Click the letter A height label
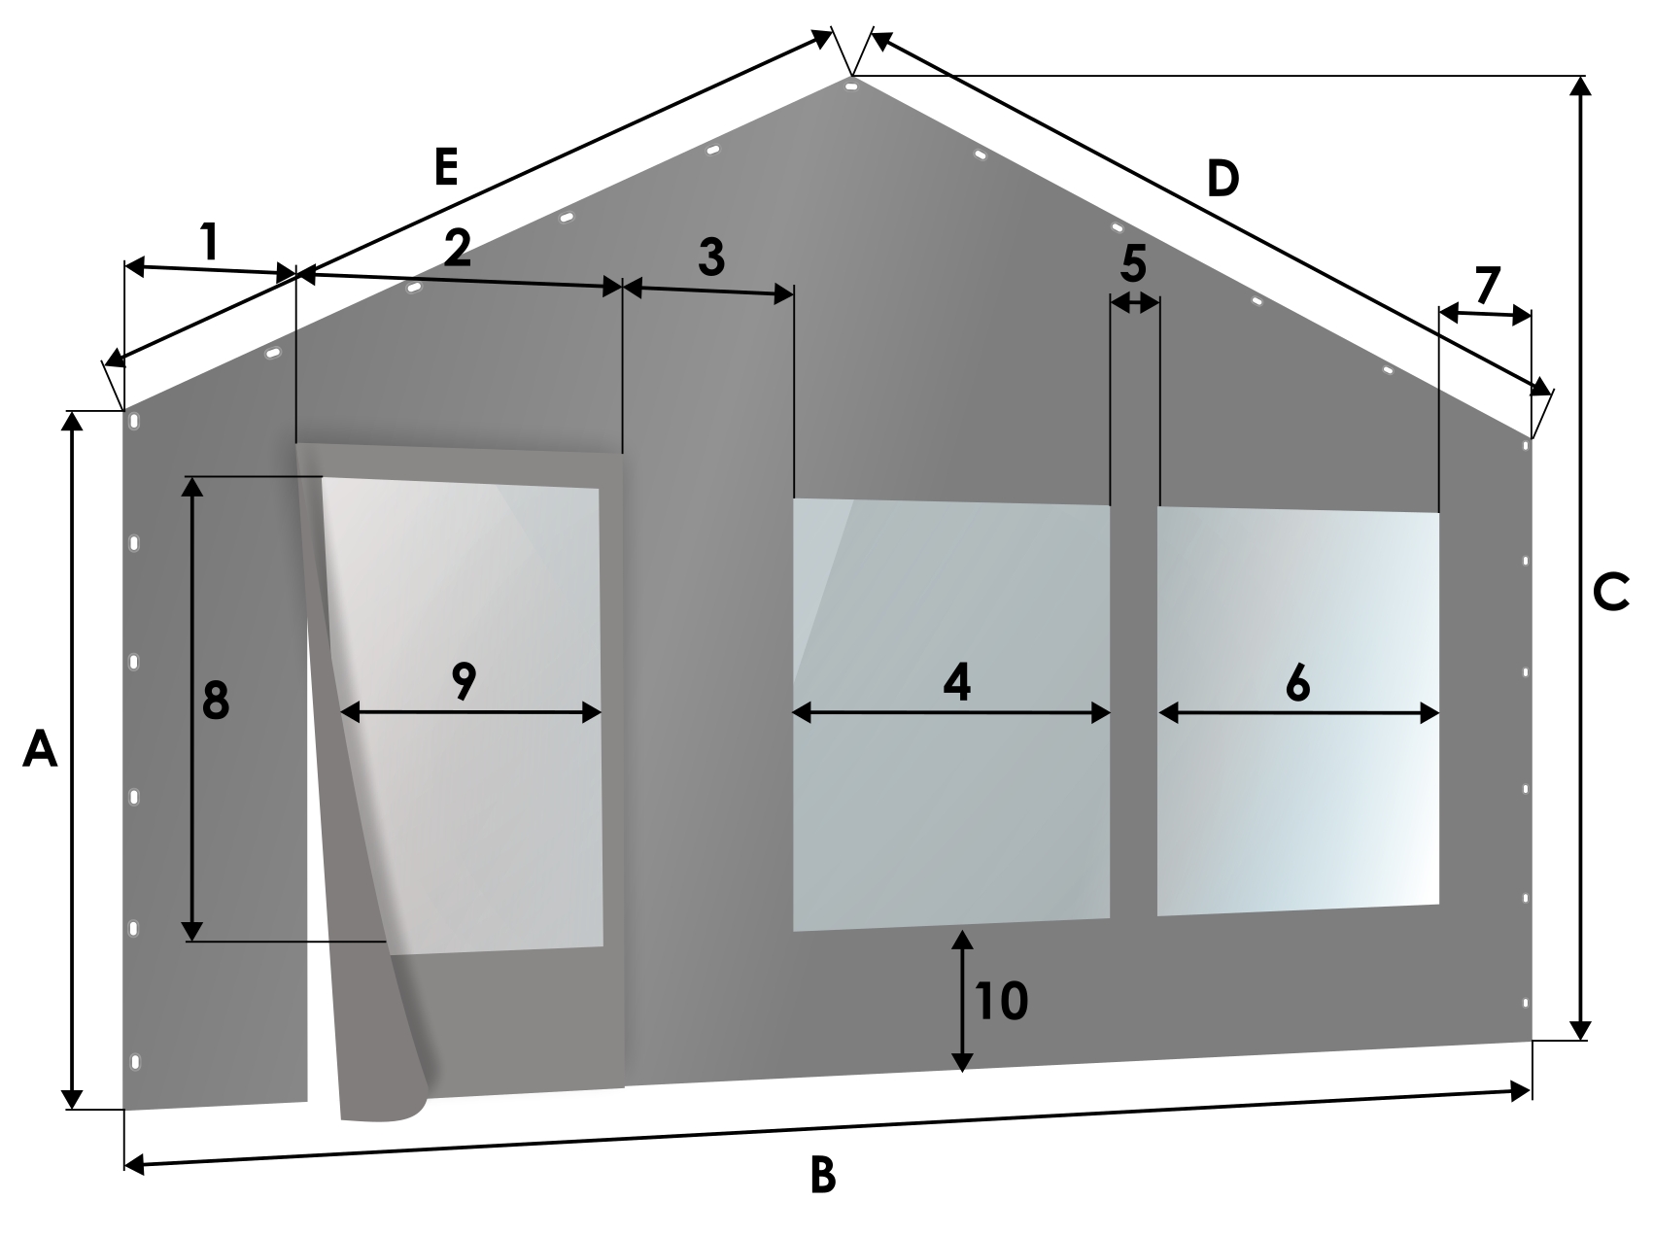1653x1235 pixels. (x=40, y=750)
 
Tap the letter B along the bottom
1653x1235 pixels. (x=822, y=1176)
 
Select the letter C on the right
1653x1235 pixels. (x=1611, y=594)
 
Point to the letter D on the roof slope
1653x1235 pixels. (x=1223, y=179)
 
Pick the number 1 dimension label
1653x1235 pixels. (x=208, y=242)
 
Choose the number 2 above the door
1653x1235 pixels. (x=458, y=250)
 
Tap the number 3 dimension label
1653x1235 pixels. (x=712, y=257)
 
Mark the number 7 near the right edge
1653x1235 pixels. (x=1488, y=286)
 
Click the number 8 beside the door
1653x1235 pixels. (x=216, y=701)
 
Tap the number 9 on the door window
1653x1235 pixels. (x=465, y=681)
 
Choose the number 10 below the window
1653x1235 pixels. (x=1002, y=1001)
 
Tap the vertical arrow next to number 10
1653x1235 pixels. (x=962, y=1001)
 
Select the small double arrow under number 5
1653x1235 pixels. (x=1135, y=303)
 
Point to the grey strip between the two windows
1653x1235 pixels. (x=1134, y=710)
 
